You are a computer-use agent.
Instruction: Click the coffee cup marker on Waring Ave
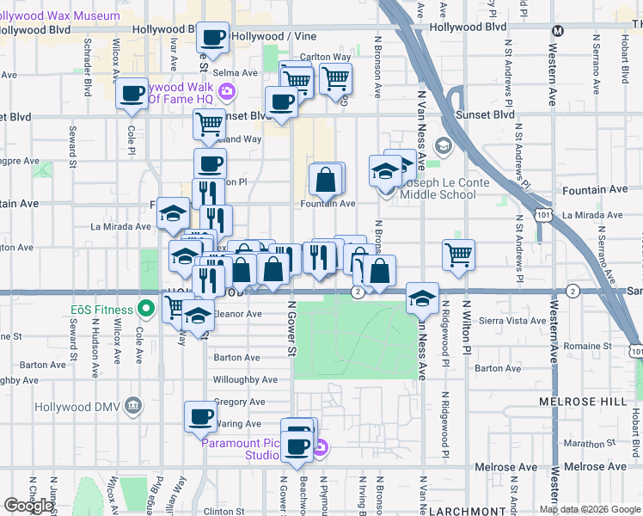(x=200, y=417)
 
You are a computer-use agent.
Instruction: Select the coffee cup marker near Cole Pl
(x=132, y=95)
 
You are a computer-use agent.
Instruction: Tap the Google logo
(x=29, y=506)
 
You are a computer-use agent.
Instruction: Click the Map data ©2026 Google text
(x=591, y=509)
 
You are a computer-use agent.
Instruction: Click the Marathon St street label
(x=586, y=444)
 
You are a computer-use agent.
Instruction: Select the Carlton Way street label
(x=331, y=58)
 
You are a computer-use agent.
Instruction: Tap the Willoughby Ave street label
(x=245, y=379)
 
